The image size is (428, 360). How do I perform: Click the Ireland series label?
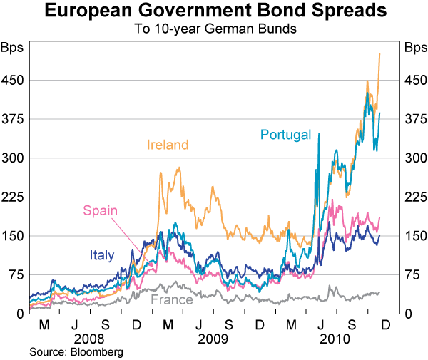pyautogui.click(x=168, y=145)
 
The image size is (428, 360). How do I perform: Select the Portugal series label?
pyautogui.click(x=286, y=134)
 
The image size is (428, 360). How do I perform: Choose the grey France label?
pyautogui.click(x=171, y=299)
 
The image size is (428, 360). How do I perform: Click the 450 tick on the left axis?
pyautogui.click(x=14, y=80)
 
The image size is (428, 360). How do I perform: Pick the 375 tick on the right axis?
pyautogui.click(x=414, y=119)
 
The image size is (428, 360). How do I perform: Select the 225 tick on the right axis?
pyautogui.click(x=414, y=197)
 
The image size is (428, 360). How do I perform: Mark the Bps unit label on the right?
pyautogui.click(x=415, y=48)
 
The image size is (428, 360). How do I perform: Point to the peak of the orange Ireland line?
pyautogui.click(x=379, y=53)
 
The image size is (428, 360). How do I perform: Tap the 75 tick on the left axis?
pyautogui.click(x=17, y=274)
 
